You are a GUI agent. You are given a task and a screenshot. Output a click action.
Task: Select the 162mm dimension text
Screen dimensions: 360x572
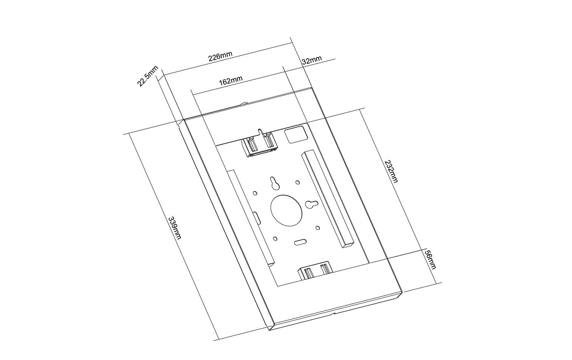point(230,81)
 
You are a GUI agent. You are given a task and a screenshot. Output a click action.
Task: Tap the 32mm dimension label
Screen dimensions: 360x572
point(312,60)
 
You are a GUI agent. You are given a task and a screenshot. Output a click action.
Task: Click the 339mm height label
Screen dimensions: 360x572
point(175,228)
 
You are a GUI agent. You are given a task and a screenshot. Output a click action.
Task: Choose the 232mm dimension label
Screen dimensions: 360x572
point(391,171)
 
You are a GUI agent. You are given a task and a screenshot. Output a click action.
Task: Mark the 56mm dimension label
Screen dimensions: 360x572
point(431,259)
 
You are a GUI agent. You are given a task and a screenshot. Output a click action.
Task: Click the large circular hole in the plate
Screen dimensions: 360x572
point(287,209)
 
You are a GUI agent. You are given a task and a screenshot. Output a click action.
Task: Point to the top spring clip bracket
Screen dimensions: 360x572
point(259,145)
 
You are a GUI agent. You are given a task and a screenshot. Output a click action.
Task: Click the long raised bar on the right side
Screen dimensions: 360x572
point(328,199)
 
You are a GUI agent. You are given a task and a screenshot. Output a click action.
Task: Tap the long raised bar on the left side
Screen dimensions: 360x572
point(250,216)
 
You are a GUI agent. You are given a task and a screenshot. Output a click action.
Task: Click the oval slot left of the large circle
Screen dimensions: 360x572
point(257,218)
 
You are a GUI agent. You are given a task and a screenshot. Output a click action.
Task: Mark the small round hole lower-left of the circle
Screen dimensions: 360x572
point(275,239)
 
